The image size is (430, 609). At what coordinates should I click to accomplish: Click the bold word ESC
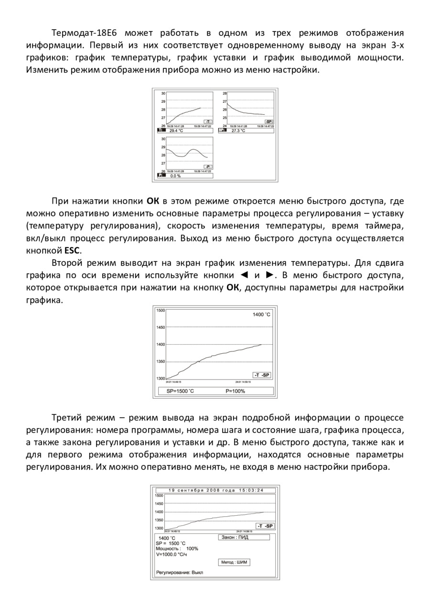[73, 250]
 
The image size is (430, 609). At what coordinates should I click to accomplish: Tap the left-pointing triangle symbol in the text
[244, 275]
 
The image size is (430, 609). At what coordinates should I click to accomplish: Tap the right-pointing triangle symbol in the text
[270, 275]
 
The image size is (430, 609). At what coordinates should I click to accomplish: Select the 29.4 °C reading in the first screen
[176, 130]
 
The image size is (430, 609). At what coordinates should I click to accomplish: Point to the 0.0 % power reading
[175, 176]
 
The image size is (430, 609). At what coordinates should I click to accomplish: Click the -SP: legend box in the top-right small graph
[269, 122]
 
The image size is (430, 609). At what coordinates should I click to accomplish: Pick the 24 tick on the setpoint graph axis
[224, 126]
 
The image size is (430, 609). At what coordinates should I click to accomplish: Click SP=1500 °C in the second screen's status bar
[180, 391]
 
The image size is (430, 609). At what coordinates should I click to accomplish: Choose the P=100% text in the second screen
[235, 391]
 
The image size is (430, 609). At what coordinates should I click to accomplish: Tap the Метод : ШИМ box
[234, 562]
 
